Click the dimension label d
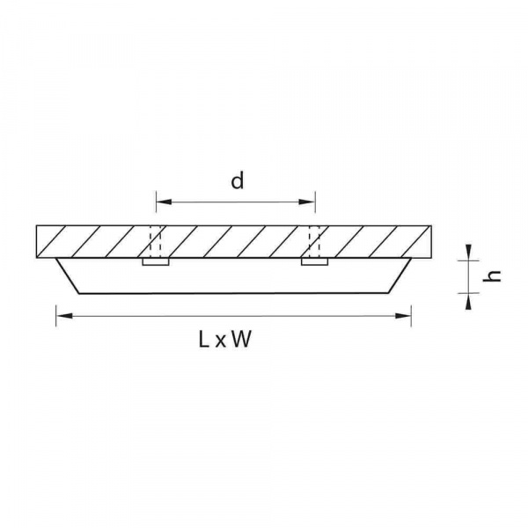click(x=237, y=181)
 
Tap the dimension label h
click(x=495, y=275)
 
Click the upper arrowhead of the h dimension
click(x=470, y=253)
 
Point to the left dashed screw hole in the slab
click(x=155, y=241)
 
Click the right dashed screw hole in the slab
click(x=314, y=241)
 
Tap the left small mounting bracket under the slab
click(x=155, y=261)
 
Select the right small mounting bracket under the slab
click(x=314, y=261)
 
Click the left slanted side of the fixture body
click(x=68, y=275)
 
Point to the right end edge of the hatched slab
click(x=431, y=241)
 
